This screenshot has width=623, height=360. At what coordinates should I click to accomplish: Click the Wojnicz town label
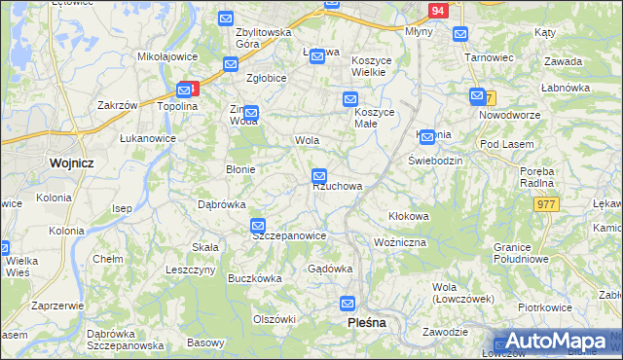70,163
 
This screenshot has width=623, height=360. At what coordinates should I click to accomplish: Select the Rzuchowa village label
338,186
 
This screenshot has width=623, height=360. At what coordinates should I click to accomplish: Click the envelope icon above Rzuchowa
319,176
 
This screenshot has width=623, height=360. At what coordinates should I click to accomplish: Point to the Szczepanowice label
288,235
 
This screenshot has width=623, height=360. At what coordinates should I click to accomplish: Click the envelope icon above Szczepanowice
258,226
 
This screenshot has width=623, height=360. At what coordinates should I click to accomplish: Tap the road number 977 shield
545,203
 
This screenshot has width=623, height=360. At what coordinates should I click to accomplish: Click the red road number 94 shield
438,10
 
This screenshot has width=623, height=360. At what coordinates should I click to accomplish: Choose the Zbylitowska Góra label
264,38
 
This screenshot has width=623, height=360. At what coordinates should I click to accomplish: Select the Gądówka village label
329,269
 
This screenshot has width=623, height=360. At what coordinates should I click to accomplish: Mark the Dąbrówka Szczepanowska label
125,340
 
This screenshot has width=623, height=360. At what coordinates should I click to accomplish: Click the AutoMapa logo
556,342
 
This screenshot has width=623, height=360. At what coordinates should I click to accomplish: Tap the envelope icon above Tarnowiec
461,34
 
